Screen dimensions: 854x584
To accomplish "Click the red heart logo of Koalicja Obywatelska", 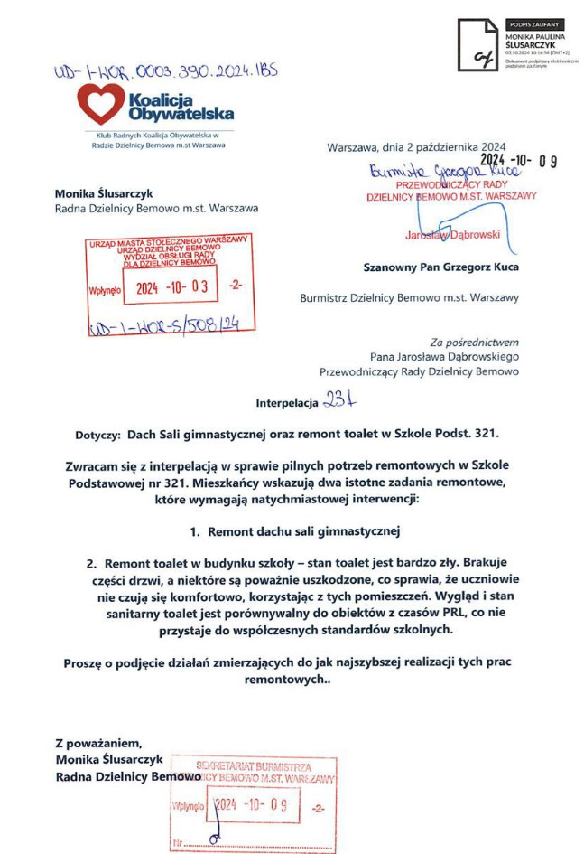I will (100, 104).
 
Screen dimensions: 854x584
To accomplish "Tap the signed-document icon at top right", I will (477, 45).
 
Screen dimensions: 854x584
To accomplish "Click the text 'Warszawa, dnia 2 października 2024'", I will (416, 145).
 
